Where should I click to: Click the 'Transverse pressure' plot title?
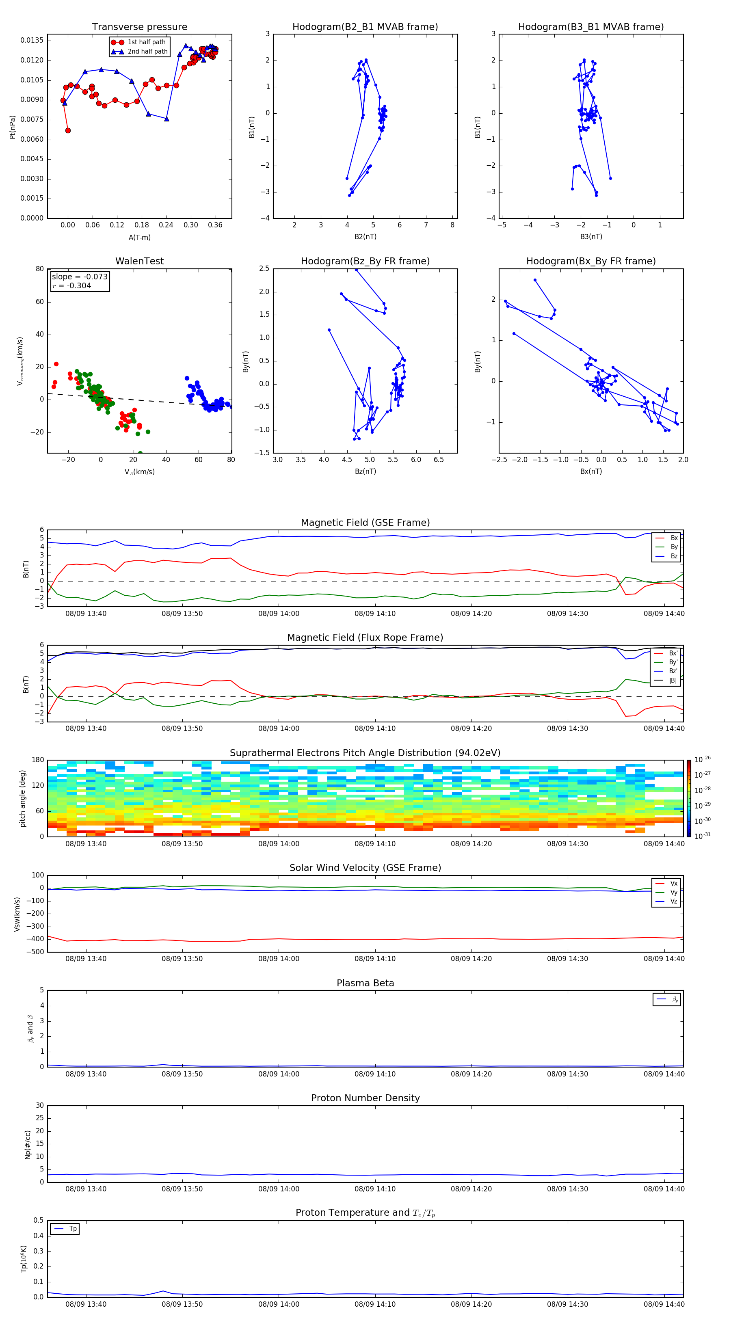point(139,27)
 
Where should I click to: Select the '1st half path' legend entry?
point(146,42)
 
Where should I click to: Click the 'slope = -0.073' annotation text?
point(80,277)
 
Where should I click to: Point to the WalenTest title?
point(139,261)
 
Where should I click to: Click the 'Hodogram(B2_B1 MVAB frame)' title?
point(365,27)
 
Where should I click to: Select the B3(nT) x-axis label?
point(591,237)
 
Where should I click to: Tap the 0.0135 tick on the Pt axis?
point(32,41)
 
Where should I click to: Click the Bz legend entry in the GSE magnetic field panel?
point(674,556)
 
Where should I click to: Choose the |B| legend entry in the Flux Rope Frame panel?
point(673,681)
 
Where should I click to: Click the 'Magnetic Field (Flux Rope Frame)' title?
point(365,638)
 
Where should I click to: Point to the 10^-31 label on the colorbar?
point(703,835)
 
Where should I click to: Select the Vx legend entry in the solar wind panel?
point(673,883)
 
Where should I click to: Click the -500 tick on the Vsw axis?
point(35,952)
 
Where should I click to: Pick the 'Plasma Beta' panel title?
point(365,983)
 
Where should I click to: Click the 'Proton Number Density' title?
point(365,1098)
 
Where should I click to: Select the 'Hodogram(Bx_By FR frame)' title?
point(590,261)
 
